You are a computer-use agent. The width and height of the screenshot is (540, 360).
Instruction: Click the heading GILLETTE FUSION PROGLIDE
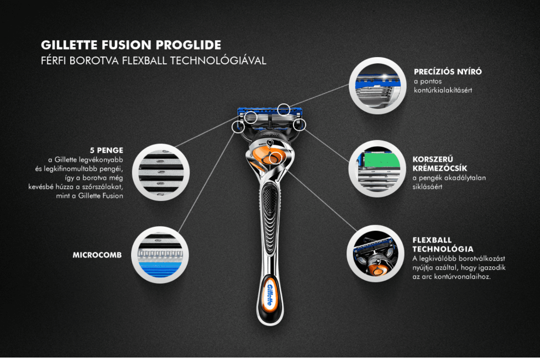point(131,45)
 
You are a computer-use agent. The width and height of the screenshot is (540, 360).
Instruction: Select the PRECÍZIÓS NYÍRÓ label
point(447,72)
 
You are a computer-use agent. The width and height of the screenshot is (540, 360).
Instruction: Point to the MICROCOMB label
point(97,255)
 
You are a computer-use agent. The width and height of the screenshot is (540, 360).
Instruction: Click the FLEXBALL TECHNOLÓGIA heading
point(443,244)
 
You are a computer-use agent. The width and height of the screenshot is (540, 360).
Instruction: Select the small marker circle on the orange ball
point(275,157)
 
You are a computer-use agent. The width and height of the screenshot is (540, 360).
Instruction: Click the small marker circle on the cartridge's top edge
point(284,108)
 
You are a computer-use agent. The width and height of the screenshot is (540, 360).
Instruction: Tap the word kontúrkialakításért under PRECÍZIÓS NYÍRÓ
point(443,90)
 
